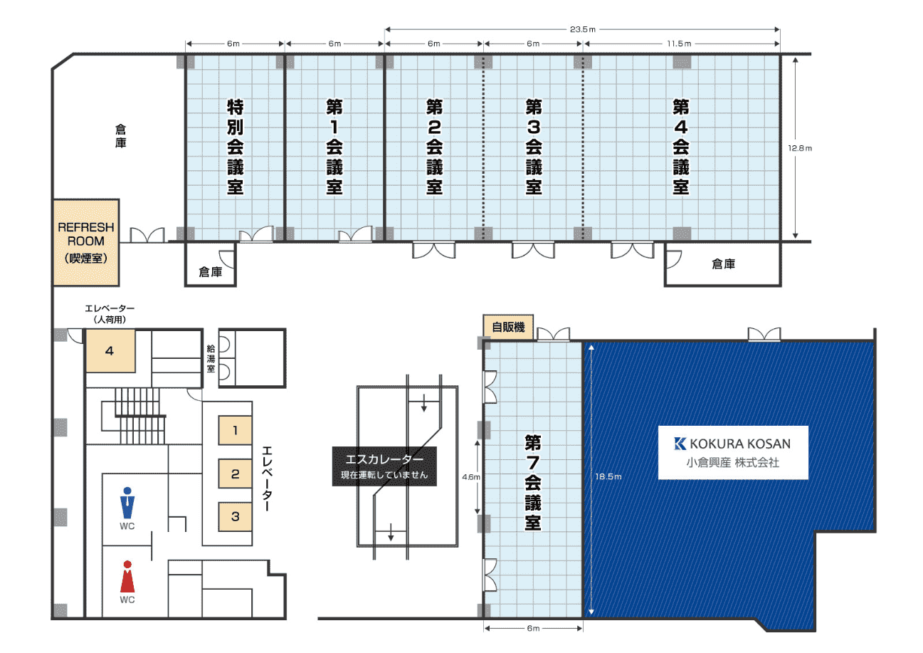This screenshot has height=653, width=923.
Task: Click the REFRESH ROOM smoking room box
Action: pos(86,242)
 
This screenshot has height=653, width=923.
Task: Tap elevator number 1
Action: pos(235,430)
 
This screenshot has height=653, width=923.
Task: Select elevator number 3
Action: pos(235,516)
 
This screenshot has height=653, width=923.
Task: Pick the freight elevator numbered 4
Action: pos(110,351)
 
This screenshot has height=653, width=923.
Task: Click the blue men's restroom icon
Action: pos(127,503)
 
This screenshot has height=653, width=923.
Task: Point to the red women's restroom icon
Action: pos(127,576)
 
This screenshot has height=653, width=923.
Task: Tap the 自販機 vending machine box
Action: pos(508,328)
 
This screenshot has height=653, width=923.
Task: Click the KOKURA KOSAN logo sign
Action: pos(733,452)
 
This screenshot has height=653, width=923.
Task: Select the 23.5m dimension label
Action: pos(583,29)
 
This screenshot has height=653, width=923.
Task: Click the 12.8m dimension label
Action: pos(800,148)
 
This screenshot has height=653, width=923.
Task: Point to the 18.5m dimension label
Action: pos(608,476)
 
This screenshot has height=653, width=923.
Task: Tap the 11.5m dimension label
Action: pos(680,43)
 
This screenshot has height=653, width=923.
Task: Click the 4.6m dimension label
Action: pos(471,477)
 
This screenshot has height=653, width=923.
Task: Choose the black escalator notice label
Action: pos(384,466)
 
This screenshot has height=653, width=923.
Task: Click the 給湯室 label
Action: pos(211,358)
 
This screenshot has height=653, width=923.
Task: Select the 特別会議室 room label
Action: pos(236,147)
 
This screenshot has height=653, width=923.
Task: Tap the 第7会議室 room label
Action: pos(533,482)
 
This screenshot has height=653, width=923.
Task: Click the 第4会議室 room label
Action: pos(681,147)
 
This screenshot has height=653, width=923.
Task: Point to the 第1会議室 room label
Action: pos(334,147)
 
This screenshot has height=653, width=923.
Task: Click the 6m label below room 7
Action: pos(533,628)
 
